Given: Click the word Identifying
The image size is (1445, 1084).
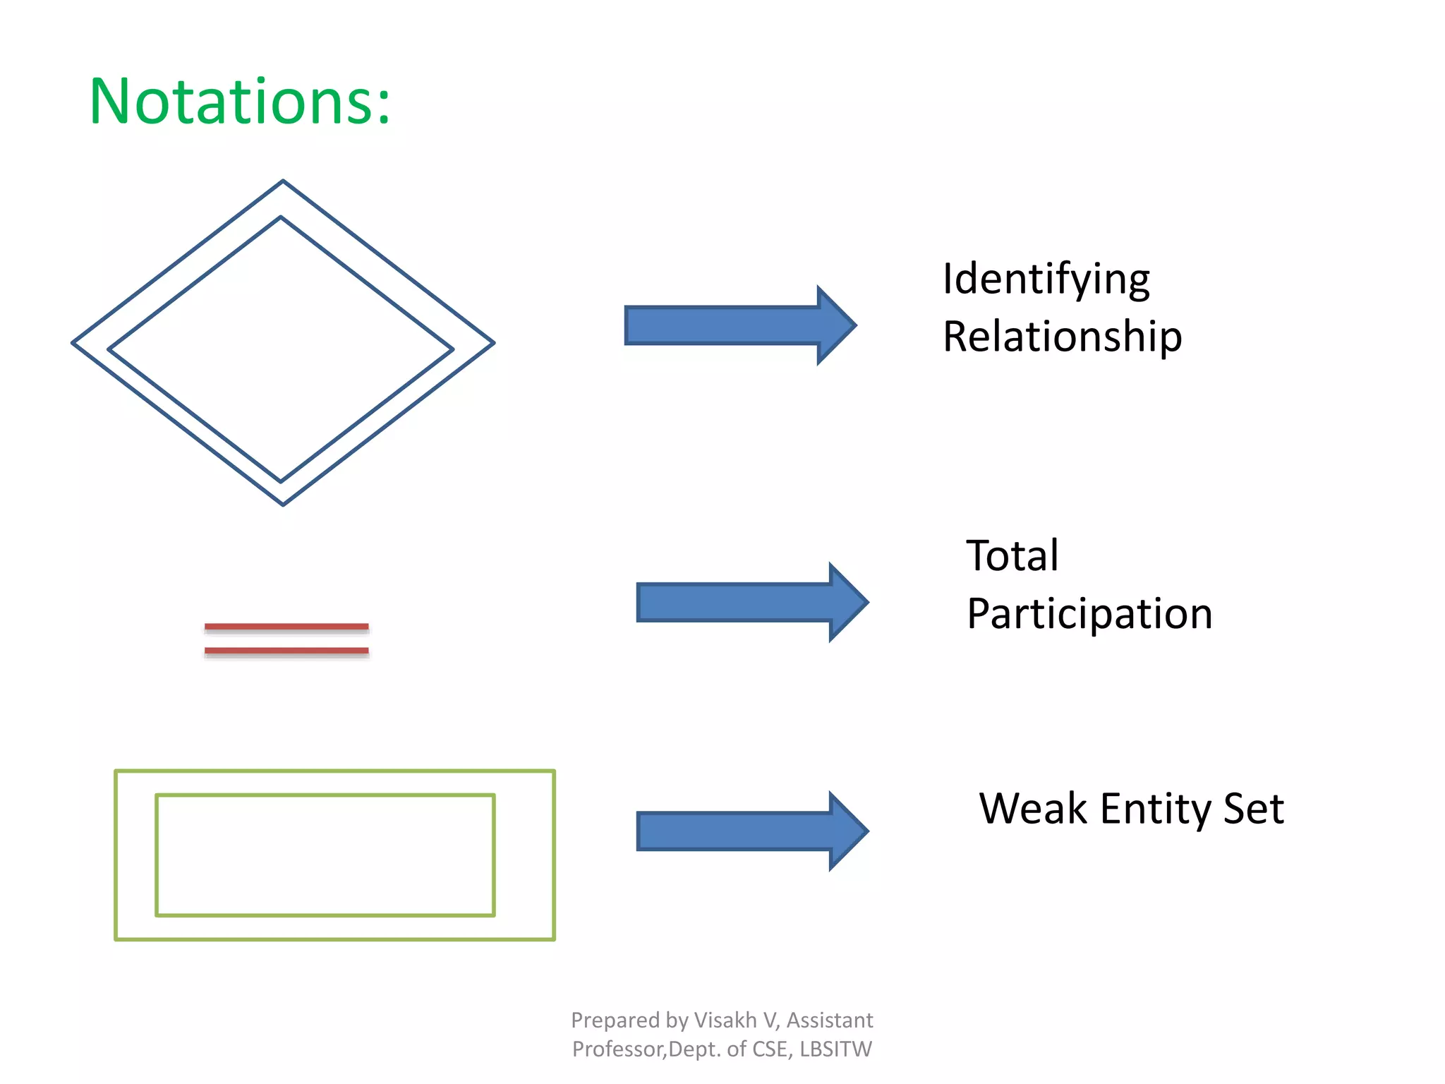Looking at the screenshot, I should coord(1046,279).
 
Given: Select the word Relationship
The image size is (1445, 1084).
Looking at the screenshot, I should coord(1062,337).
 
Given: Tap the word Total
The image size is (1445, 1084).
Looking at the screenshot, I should coord(1012,556).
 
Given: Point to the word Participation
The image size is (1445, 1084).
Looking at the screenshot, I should coord(1089,614).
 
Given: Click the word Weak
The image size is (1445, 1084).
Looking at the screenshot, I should coord(1032,809).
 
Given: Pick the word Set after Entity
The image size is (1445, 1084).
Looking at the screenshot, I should coord(1253,809).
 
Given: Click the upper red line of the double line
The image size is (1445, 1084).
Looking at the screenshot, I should coord(286,626).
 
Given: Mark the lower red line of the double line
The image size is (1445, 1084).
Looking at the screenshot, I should coord(286,650).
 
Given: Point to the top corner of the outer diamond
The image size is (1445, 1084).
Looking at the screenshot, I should coord(283,181).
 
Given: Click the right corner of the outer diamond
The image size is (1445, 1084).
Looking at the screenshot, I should coord(493,343).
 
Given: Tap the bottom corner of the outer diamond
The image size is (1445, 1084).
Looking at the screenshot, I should coord(283,504).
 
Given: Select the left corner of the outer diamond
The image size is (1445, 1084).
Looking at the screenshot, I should coord(73,343).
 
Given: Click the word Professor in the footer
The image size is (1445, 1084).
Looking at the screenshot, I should coord(617,1049).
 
